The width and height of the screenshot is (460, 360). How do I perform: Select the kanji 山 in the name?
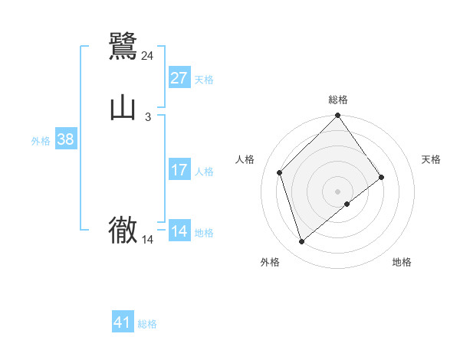[x=123, y=108]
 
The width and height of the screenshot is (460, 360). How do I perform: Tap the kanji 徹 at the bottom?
[x=123, y=231]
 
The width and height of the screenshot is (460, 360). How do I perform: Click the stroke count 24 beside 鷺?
[x=148, y=55]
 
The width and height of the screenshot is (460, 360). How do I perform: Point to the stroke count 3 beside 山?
[x=148, y=117]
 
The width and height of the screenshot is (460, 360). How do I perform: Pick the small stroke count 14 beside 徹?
[x=148, y=240]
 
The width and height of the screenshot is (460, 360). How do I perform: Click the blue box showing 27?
[x=179, y=78]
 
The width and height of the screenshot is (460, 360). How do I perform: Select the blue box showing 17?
[x=179, y=170]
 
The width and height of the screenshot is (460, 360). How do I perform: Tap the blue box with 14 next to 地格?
[x=179, y=231]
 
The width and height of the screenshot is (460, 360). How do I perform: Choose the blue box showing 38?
[x=66, y=140]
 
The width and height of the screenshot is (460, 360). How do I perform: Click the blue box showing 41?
[x=123, y=322]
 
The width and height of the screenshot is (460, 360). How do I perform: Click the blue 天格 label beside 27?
[x=204, y=80]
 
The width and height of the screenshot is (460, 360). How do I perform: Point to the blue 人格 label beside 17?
[x=204, y=172]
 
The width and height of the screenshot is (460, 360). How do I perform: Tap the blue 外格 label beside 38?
[x=41, y=141]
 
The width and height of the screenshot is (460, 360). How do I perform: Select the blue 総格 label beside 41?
[x=147, y=324]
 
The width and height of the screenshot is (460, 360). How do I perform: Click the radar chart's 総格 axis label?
[x=338, y=100]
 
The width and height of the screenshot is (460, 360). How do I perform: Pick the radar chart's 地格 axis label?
[x=402, y=262]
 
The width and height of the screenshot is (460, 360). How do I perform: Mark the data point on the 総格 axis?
[x=338, y=116]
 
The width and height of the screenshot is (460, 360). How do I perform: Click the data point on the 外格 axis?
[x=301, y=242]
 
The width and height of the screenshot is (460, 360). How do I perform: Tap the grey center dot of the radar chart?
[x=338, y=191]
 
